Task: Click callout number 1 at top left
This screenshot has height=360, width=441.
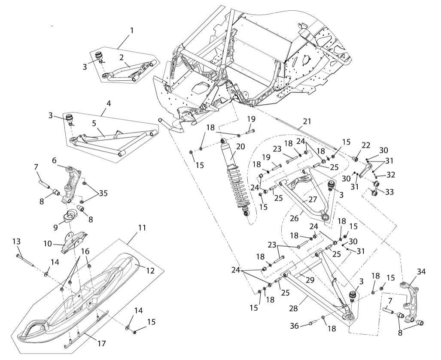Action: click(132, 30)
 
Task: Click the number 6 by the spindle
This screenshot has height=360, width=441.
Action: click(55, 160)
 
